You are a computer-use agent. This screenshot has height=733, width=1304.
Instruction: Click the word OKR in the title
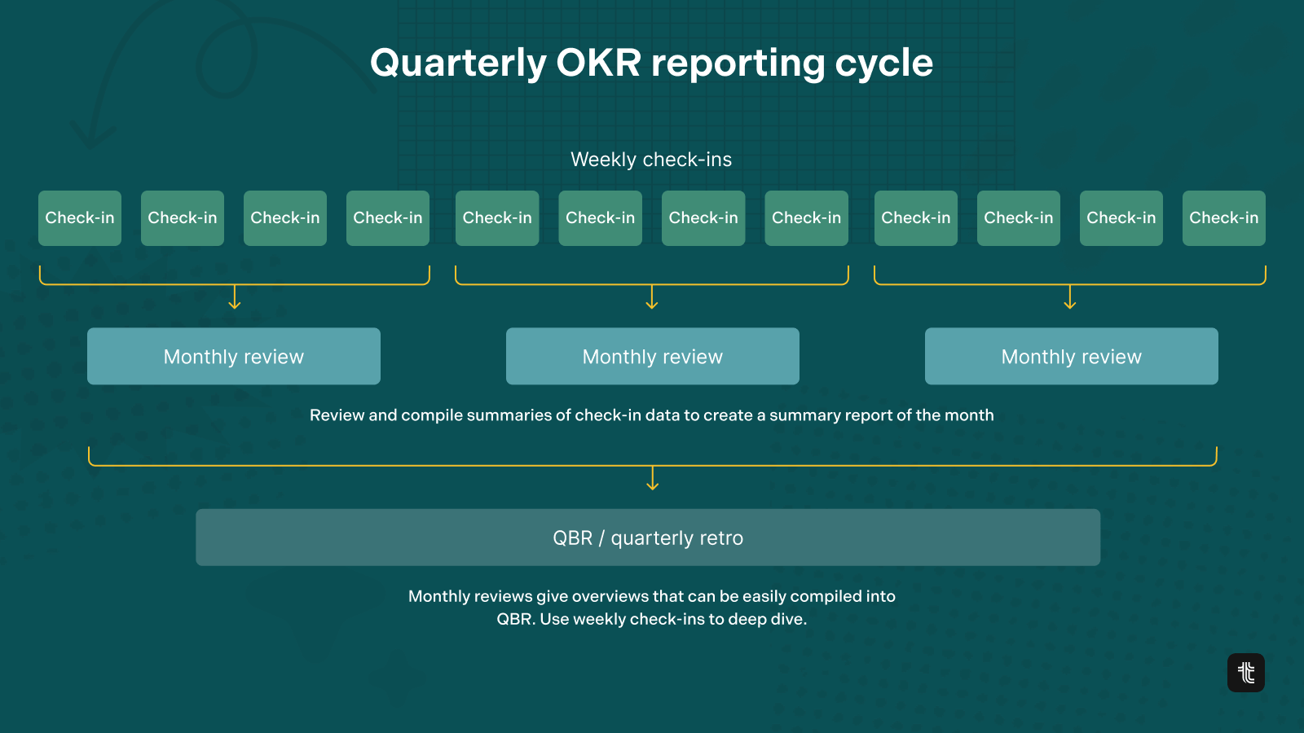[598, 62]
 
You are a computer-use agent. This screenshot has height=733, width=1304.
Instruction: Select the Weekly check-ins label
[651, 160]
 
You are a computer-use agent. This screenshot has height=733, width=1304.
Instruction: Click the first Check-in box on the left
[80, 218]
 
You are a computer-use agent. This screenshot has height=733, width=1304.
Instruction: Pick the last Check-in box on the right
[1223, 218]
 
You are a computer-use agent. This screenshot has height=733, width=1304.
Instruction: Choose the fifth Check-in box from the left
[497, 218]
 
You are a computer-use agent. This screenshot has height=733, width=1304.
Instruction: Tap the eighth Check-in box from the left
[806, 218]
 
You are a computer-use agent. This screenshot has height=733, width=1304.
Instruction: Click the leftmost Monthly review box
[234, 356]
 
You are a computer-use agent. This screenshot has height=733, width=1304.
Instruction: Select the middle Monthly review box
[653, 356]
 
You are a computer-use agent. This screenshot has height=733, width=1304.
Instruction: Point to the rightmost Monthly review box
[1072, 356]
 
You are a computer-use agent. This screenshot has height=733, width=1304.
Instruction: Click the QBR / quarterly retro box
[648, 538]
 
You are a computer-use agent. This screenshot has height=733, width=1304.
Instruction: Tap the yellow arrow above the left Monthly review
[235, 296]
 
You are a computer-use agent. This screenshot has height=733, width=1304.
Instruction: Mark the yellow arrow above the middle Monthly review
[652, 296]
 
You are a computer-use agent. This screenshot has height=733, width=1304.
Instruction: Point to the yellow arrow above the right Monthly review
[1070, 296]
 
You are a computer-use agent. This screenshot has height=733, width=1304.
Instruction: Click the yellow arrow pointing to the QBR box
[653, 478]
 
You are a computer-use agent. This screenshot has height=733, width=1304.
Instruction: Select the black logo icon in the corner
[1246, 673]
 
